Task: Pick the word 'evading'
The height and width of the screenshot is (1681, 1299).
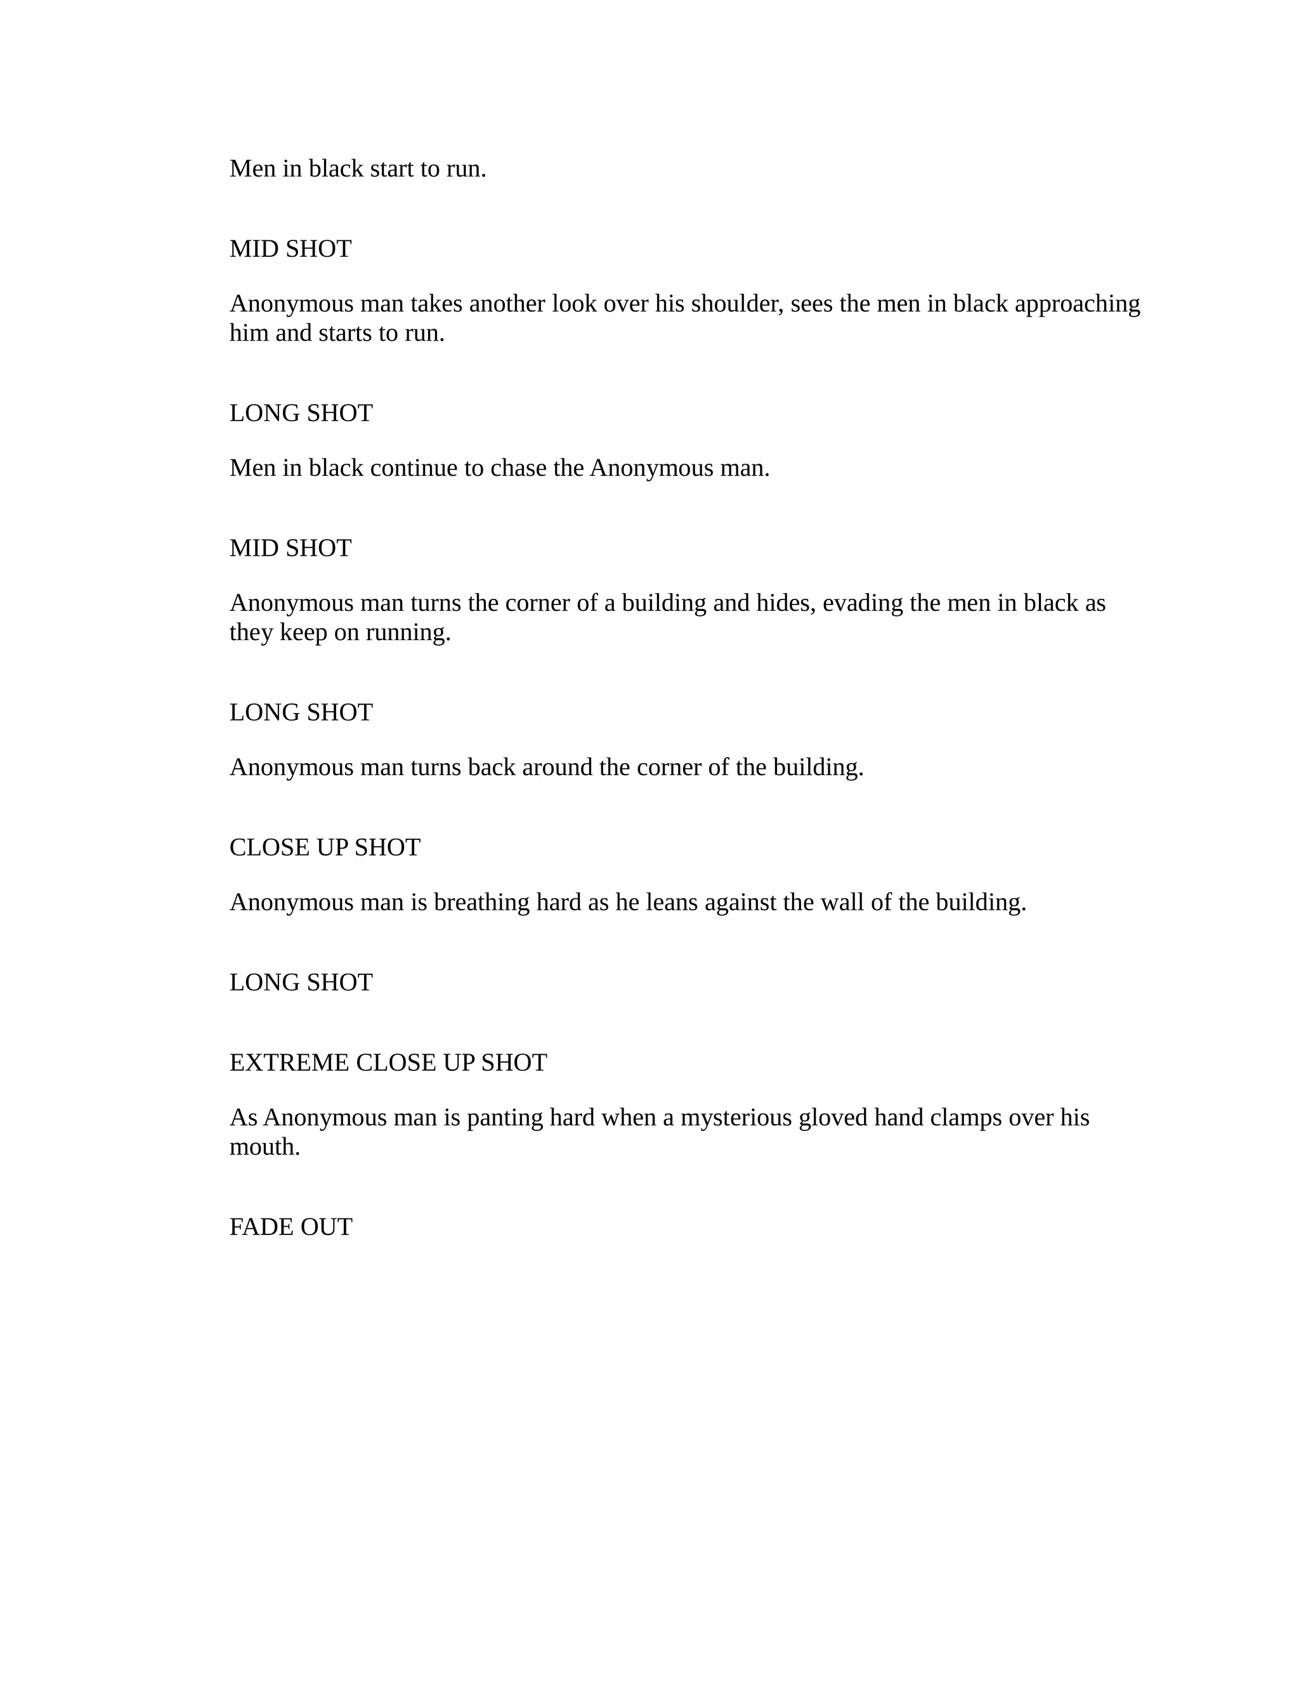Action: (863, 603)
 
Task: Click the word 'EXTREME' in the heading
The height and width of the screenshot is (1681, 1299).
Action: (289, 1063)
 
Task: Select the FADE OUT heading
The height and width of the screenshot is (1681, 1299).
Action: (291, 1227)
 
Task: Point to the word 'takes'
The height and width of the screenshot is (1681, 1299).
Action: (436, 304)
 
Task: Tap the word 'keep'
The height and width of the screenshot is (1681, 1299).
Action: (303, 632)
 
